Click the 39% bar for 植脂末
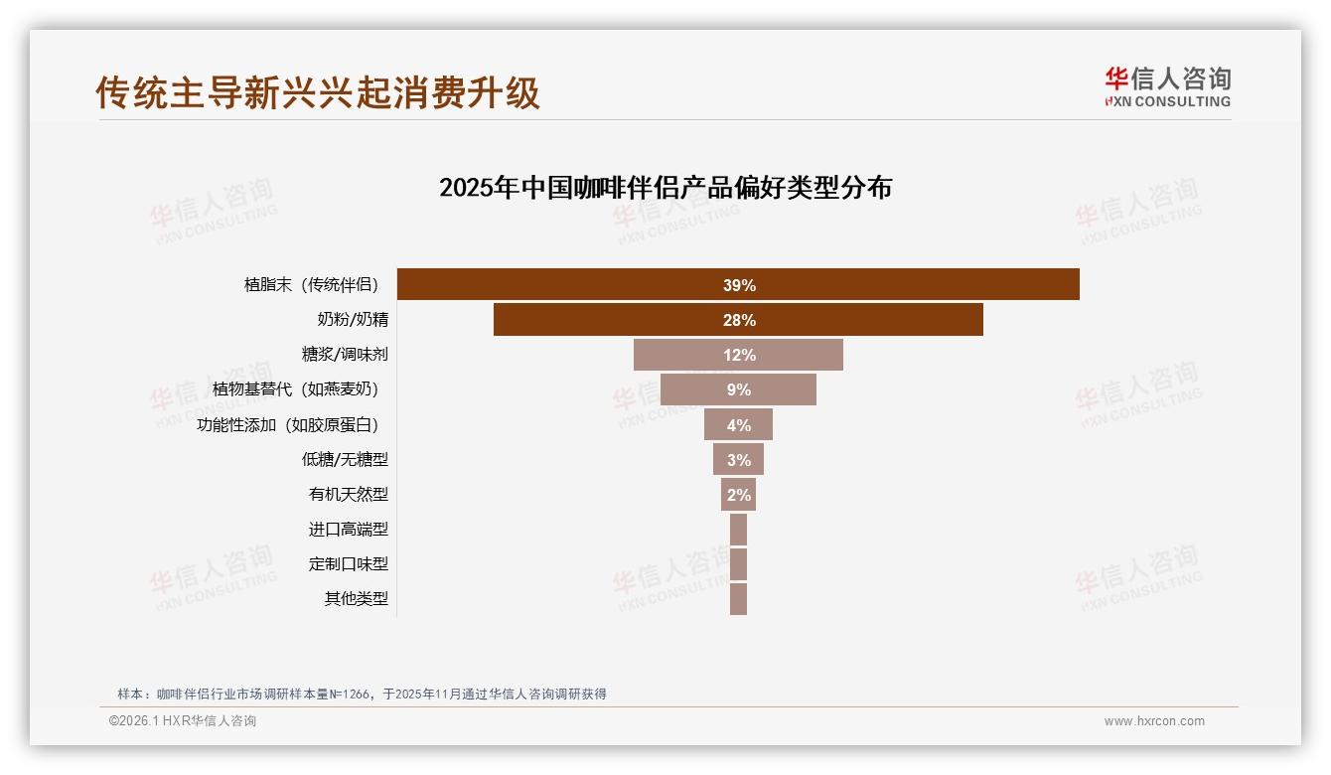(738, 284)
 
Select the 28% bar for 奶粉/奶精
(738, 320)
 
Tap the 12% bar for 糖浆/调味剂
(738, 355)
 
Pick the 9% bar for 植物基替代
(738, 389)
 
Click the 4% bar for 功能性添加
(738, 425)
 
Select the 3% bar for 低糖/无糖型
(738, 460)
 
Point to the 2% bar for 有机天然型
(738, 495)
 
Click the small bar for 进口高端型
(738, 530)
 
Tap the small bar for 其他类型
(738, 599)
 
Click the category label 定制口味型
(348, 564)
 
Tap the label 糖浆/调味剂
(345, 355)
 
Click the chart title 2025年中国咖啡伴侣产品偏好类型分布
(665, 188)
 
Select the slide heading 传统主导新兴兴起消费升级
(318, 92)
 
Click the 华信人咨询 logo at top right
(1167, 86)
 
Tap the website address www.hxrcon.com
(1154, 721)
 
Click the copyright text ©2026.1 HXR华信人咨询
(183, 721)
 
